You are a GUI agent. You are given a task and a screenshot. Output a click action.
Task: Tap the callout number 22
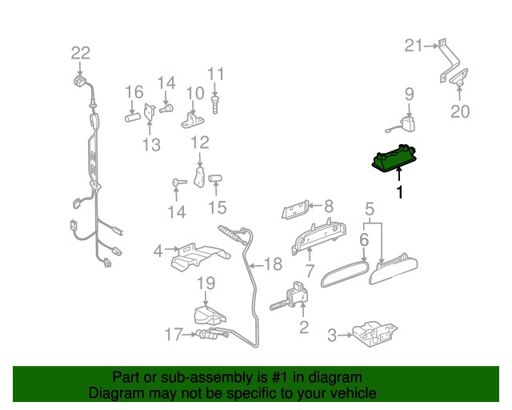[81, 54]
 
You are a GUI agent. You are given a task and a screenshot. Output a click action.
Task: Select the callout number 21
[412, 46]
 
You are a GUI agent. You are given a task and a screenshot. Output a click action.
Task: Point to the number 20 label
[460, 111]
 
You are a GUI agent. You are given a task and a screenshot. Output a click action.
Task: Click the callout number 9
[408, 94]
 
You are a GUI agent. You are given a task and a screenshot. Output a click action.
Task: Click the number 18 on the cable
[273, 263]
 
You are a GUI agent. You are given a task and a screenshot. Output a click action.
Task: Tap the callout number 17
[174, 335]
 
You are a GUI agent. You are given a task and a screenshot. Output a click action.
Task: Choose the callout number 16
[133, 90]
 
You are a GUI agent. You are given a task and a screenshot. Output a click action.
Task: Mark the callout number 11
[216, 74]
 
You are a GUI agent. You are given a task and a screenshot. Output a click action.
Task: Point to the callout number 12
[199, 143]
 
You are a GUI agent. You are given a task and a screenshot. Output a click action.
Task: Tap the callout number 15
[218, 209]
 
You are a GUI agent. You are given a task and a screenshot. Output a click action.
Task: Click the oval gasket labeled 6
[342, 272]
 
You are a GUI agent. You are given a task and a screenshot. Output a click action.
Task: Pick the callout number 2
[303, 327]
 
